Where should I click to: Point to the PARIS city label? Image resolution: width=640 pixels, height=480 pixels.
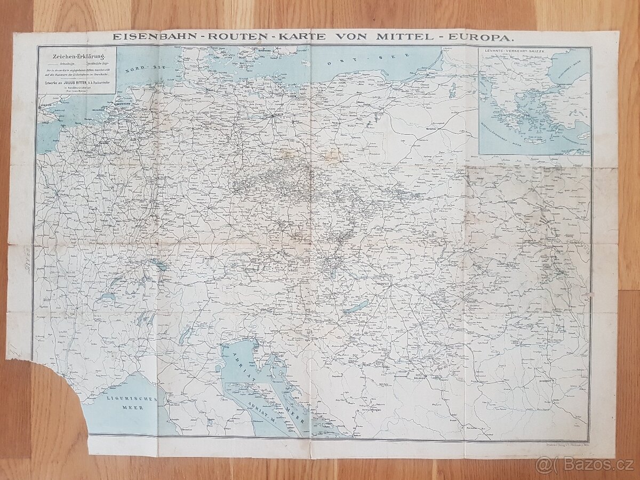coord(65,195)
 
